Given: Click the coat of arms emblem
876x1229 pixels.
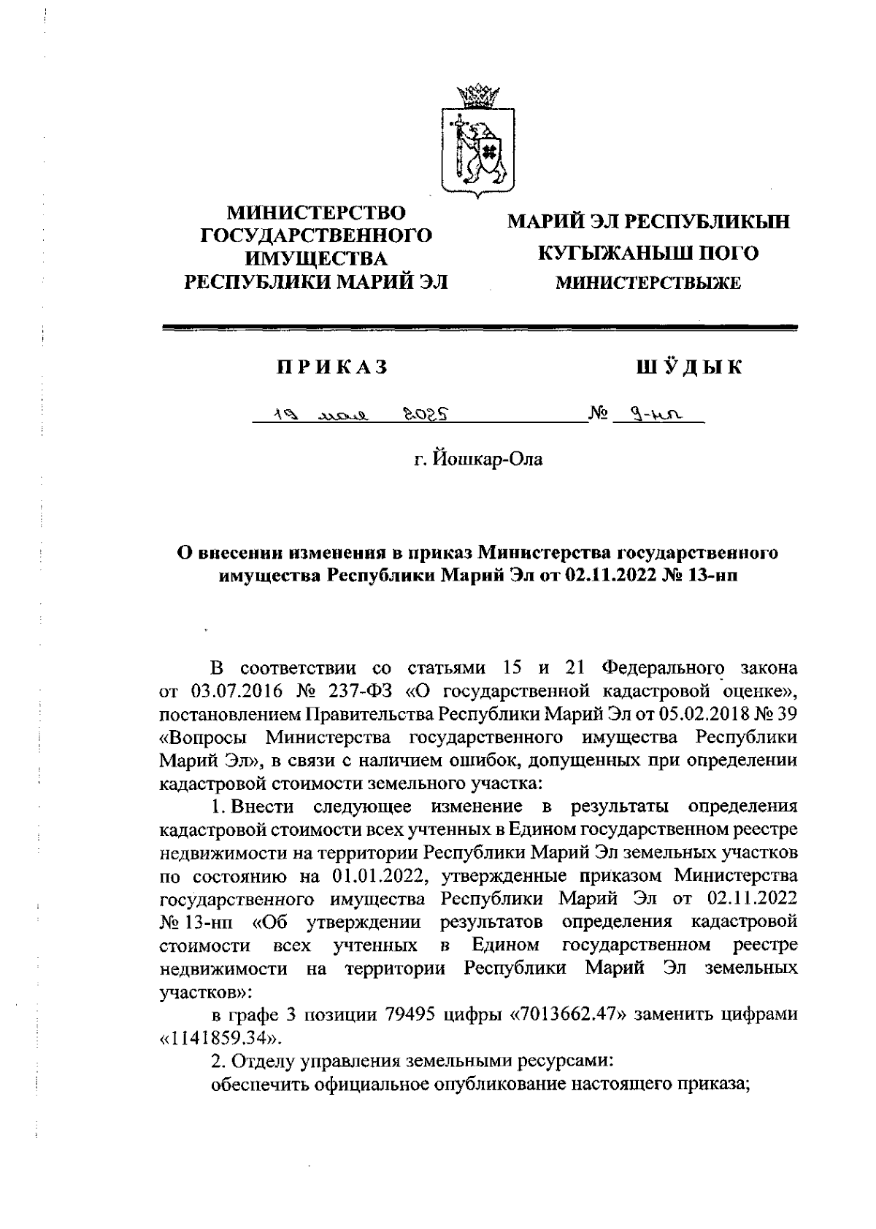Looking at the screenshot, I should tap(477, 143).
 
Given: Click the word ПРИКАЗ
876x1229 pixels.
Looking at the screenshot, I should tap(331, 367).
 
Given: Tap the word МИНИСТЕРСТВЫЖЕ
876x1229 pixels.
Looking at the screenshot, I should tap(648, 283).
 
